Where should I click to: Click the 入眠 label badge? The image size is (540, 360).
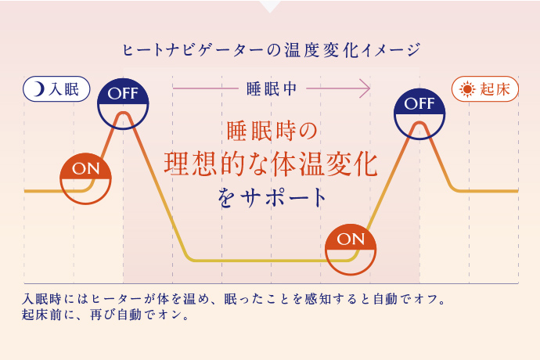click(57, 88)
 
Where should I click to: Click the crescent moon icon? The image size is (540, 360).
click(38, 88)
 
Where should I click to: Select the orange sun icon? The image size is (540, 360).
click(467, 88)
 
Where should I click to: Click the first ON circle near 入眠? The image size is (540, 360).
click(85, 178)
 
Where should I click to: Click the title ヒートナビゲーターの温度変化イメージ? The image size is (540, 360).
click(271, 51)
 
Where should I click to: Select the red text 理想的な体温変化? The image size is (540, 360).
click(270, 162)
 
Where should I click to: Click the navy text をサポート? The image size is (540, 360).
click(272, 198)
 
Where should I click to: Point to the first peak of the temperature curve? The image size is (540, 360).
click(123, 114)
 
